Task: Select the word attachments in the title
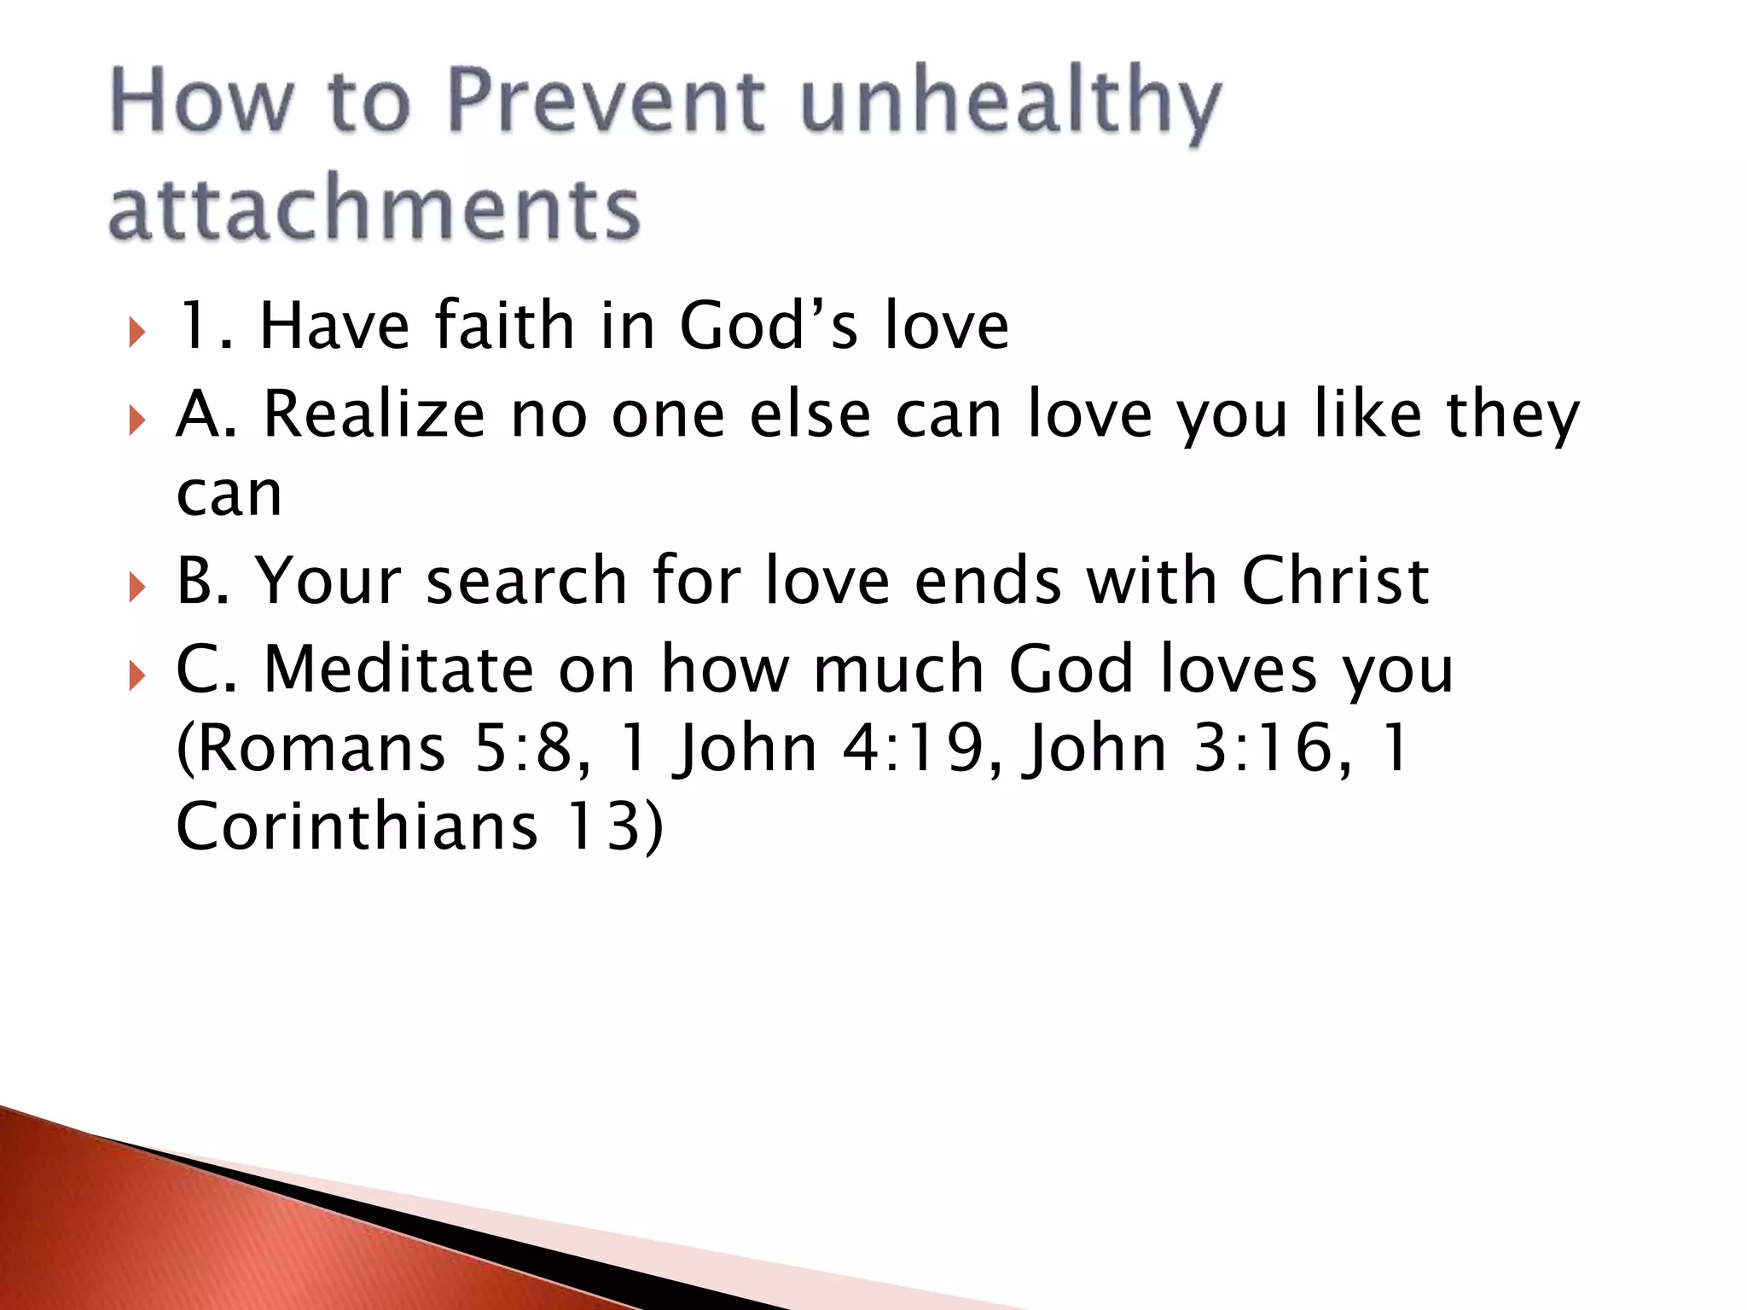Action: (x=374, y=207)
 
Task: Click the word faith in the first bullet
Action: (x=504, y=326)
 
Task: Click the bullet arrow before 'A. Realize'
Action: (x=136, y=419)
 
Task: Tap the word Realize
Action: (x=374, y=414)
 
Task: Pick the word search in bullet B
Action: (x=526, y=582)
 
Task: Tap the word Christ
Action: (x=1335, y=582)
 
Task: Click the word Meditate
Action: (x=398, y=669)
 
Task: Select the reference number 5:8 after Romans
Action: (x=531, y=749)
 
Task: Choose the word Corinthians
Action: (x=357, y=827)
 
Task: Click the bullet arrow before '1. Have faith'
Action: (x=136, y=331)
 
